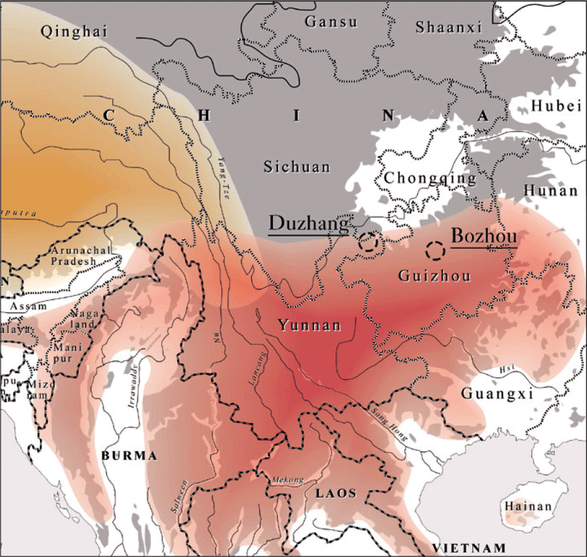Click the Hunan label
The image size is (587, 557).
pos(551,190)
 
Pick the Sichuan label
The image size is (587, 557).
pos(297,167)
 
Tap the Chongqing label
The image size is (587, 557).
pos(430,178)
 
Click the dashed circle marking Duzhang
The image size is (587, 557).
pos(368,242)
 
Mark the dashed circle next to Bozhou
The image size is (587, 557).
pos(436,249)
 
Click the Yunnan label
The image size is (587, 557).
pos(309,325)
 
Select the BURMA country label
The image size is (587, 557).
pos(130,456)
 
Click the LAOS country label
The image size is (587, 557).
pos(335,493)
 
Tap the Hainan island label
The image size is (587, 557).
pos(528,507)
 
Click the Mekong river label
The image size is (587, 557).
pos(286,479)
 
